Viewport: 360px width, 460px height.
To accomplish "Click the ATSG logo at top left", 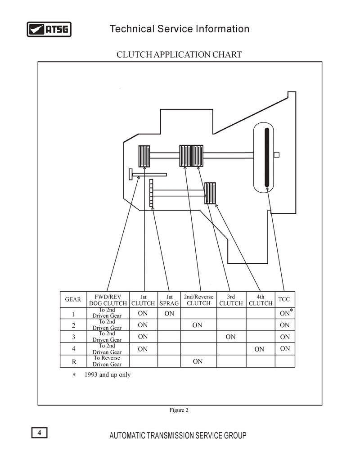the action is pos(49,29).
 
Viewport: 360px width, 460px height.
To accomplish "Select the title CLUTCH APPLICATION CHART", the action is pos(179,54).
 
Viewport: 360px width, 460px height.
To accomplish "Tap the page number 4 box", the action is pos(39,433).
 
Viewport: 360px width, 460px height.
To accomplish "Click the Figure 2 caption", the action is pos(179,410).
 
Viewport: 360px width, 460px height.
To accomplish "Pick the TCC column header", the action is pos(284,299).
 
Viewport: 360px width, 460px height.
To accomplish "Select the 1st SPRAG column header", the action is pos(169,300).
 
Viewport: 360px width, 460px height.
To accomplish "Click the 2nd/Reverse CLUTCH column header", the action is pos(198,300).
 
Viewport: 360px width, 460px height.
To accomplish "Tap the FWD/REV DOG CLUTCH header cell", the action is pos(108,300).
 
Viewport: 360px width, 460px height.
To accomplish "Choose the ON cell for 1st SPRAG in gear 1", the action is pos(169,313).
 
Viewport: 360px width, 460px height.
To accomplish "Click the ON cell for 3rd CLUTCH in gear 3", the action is pos(230,337).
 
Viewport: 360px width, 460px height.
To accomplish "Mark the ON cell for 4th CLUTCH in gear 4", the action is pos(259,349).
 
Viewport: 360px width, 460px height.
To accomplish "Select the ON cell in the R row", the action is pos(198,361).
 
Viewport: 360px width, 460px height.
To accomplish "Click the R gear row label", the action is pos(74,362).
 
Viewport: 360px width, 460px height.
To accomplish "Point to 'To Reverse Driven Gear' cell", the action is pos(107,361).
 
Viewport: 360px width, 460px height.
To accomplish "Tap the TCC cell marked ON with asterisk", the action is pos(286,313).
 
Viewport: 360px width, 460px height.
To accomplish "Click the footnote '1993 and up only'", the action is pos(108,374).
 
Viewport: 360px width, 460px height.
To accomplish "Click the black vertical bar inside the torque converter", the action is pos(267,157).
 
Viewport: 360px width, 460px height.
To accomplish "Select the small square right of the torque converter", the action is pos(276,154).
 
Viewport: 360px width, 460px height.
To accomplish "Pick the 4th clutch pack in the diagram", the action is pos(210,193).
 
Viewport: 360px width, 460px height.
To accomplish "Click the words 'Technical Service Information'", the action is pos(179,29).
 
